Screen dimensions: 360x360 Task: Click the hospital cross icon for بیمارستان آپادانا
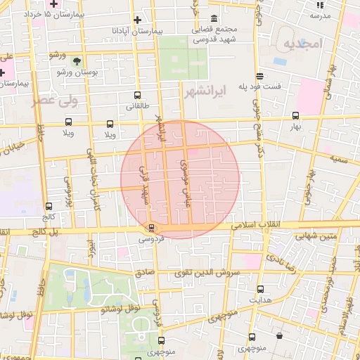click(x=137, y=20)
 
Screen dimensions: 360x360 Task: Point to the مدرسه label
click(x=321, y=15)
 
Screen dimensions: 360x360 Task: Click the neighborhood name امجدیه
click(x=302, y=44)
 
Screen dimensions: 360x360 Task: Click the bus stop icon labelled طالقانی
click(x=136, y=96)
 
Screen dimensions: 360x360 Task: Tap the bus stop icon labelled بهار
click(x=295, y=117)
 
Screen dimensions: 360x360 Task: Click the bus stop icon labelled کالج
click(x=49, y=206)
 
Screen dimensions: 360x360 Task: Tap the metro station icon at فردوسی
click(x=151, y=227)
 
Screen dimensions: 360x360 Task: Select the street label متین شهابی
click(x=337, y=237)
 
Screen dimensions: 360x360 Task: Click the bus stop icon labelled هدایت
click(x=261, y=289)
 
